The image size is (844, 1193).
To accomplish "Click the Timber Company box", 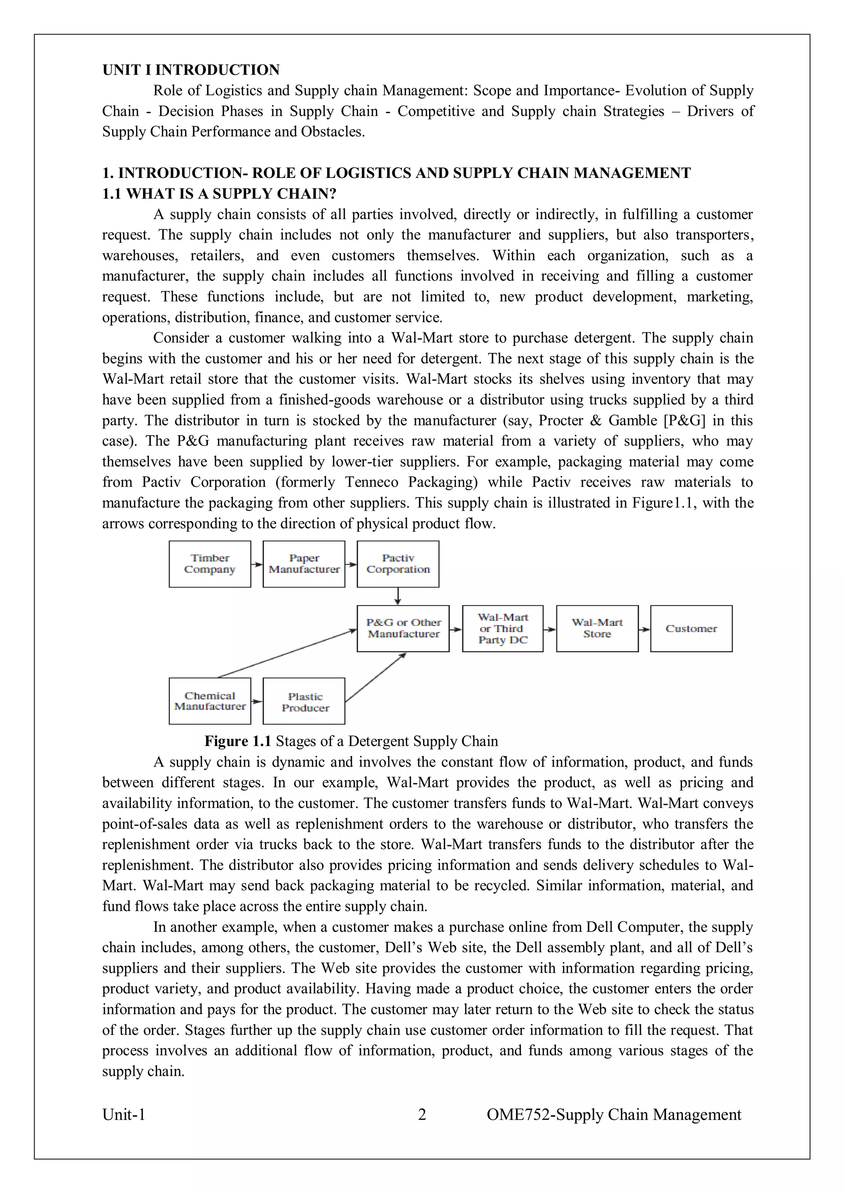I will pos(210,564).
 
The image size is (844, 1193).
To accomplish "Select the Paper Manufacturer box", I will pos(304,564).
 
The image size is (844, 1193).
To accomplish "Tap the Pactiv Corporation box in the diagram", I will pos(398,564).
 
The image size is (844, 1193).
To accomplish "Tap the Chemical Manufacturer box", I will pos(210,701).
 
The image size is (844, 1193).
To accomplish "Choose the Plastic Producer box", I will pos(304,701).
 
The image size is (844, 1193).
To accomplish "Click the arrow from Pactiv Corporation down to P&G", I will pos(398,596).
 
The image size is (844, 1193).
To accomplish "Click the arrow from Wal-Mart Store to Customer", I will pos(644,629).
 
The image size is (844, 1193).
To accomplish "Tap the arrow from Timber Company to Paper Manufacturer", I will pos(257,564).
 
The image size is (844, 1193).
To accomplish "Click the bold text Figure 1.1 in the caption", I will pos(238,741).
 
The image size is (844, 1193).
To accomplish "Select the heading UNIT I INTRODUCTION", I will pos(191,70).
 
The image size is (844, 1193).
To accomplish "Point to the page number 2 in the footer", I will pos(422,1114).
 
